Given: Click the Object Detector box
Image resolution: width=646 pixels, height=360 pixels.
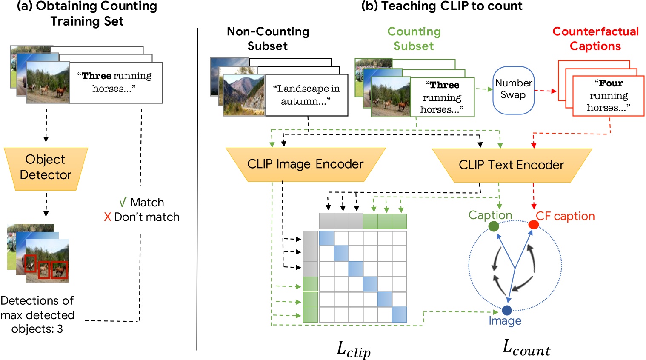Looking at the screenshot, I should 46,168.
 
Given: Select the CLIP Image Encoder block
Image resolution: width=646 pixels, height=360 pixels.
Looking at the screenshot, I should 305,164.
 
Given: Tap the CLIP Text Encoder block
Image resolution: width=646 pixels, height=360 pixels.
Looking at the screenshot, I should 512,165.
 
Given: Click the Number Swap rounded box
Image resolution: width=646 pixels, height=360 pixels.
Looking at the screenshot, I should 513,90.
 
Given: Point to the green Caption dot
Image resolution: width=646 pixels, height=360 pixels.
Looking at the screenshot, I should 494,226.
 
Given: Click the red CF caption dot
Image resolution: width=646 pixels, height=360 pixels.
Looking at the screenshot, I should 533,225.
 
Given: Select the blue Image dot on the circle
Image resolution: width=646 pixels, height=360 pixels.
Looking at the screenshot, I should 506,310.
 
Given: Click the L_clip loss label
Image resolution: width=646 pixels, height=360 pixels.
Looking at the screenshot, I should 353,349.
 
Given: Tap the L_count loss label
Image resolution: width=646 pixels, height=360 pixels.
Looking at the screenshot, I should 526,348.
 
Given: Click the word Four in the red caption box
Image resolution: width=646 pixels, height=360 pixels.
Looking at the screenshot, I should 611,83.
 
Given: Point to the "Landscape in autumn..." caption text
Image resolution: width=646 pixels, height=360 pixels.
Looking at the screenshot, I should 306,95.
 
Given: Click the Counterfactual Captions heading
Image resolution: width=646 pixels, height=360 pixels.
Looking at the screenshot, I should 595,39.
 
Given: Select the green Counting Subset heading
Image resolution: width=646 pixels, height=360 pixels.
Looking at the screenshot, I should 414,39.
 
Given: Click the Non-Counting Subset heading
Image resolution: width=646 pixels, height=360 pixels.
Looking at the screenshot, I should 268,39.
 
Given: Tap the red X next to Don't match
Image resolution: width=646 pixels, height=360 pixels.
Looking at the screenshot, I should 107,217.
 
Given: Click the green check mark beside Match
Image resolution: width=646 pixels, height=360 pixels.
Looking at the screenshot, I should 123,202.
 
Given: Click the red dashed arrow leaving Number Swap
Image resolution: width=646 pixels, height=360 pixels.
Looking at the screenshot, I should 546,91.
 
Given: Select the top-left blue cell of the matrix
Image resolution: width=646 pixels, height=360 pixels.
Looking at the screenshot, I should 326,238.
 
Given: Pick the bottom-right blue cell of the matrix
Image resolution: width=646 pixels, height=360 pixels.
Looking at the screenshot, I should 399,314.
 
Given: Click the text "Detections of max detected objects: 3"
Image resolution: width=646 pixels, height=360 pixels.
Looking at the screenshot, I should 37,315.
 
